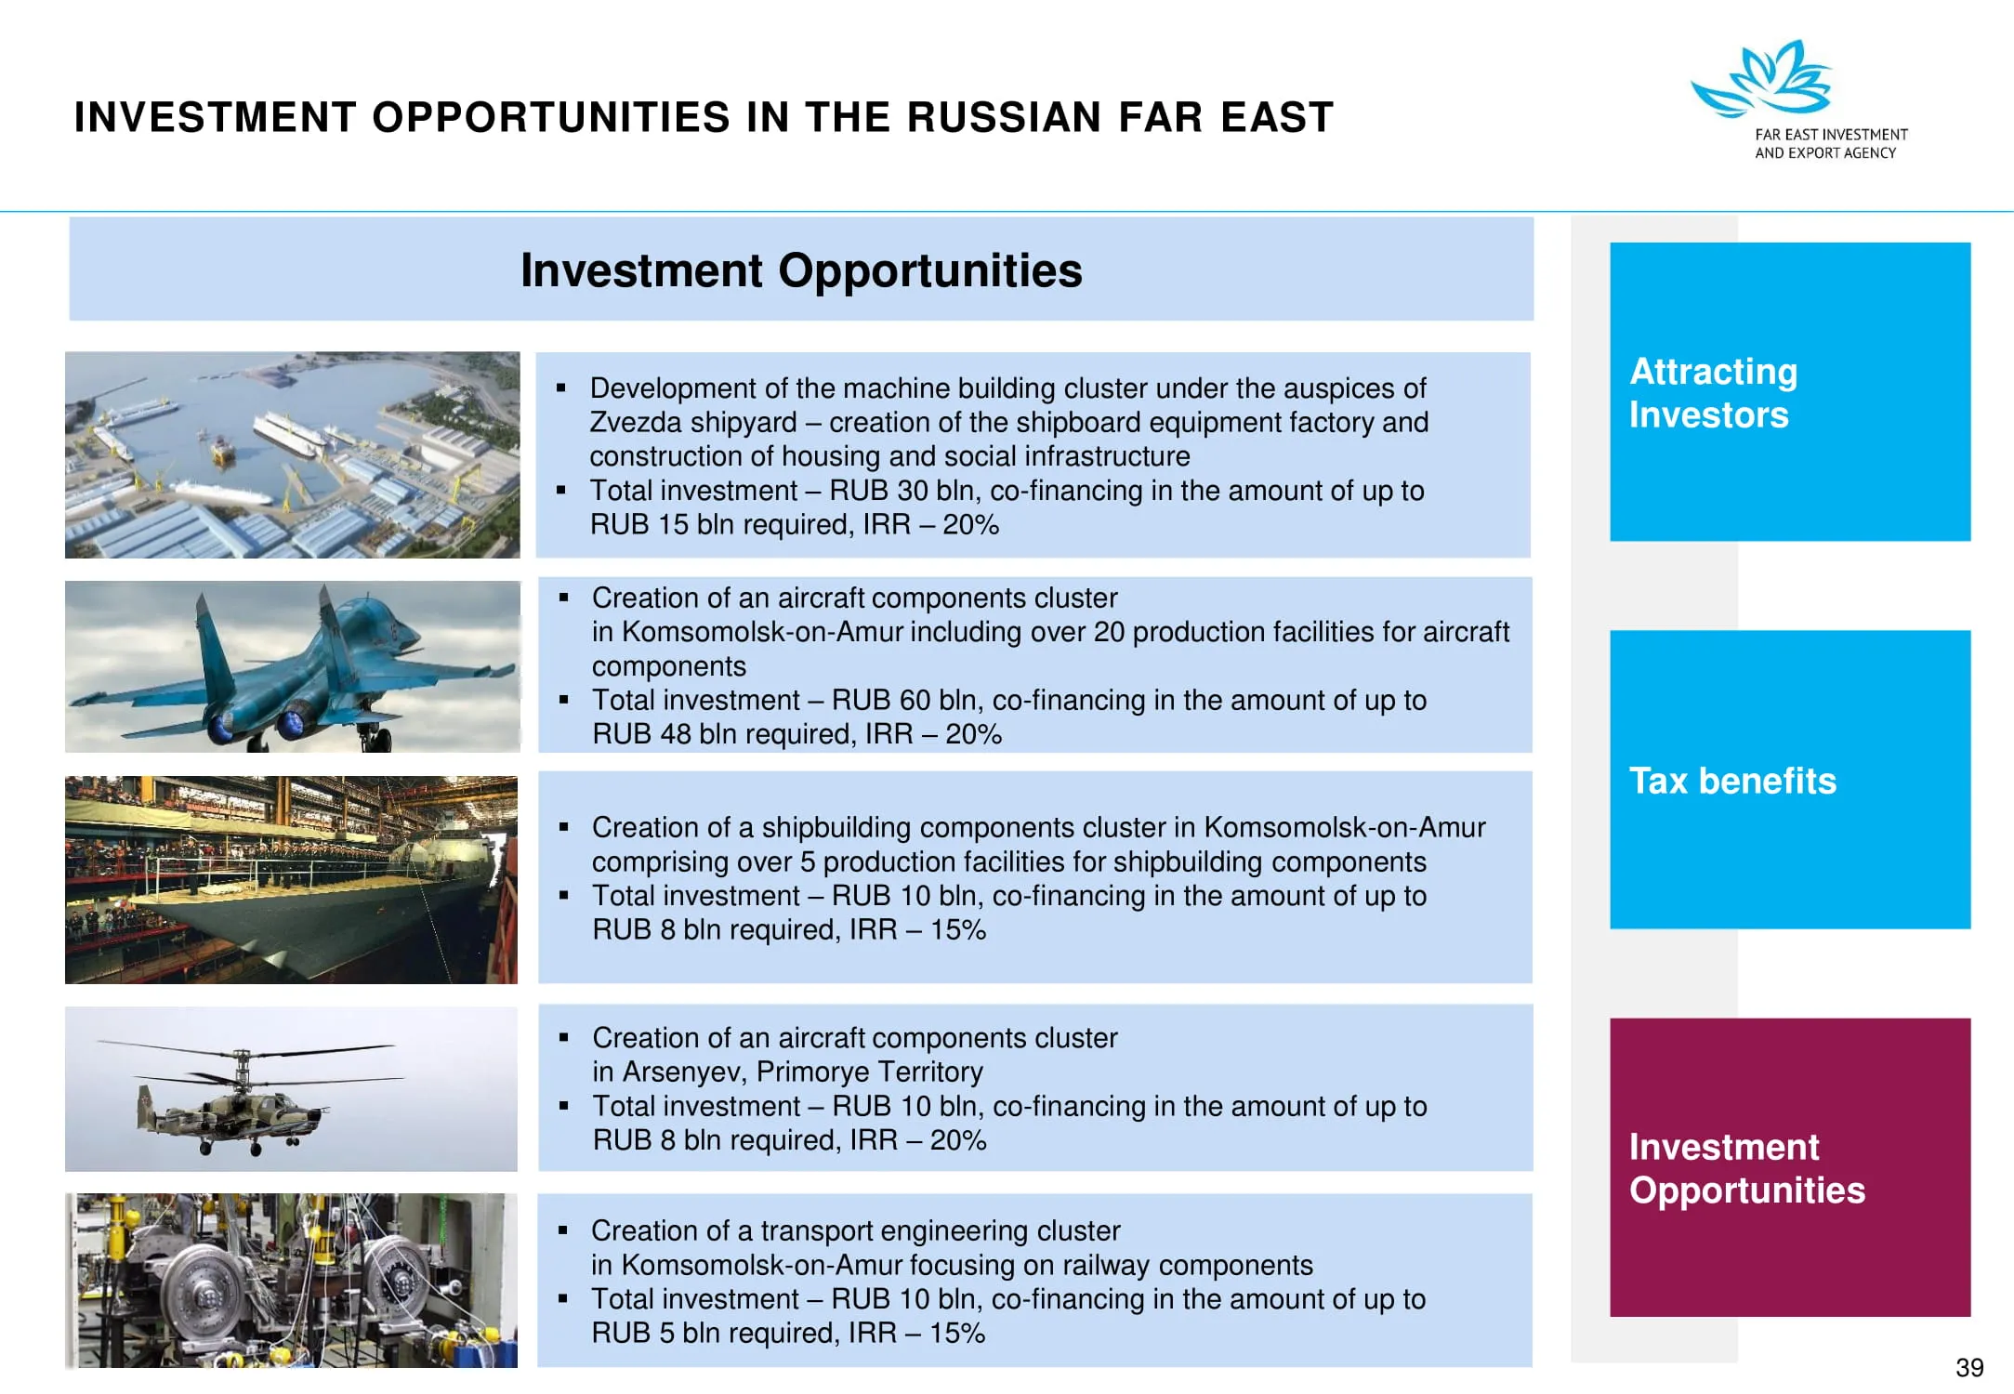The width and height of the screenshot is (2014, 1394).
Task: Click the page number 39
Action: click(x=1969, y=1367)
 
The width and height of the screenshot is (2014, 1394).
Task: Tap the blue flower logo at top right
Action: click(x=1762, y=79)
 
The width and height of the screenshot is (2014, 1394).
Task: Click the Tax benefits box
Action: click(x=1790, y=780)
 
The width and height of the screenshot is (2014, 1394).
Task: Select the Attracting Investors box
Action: click(x=1790, y=391)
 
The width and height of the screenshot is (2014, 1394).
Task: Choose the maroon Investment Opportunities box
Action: click(x=1790, y=1167)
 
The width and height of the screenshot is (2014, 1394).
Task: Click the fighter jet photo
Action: click(x=293, y=666)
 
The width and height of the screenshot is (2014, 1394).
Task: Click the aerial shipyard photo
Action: click(x=293, y=454)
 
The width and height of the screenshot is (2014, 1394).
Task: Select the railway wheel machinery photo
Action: click(x=291, y=1281)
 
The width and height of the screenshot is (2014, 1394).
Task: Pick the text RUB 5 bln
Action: click(x=657, y=1334)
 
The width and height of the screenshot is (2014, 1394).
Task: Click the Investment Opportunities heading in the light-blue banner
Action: click(x=801, y=270)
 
